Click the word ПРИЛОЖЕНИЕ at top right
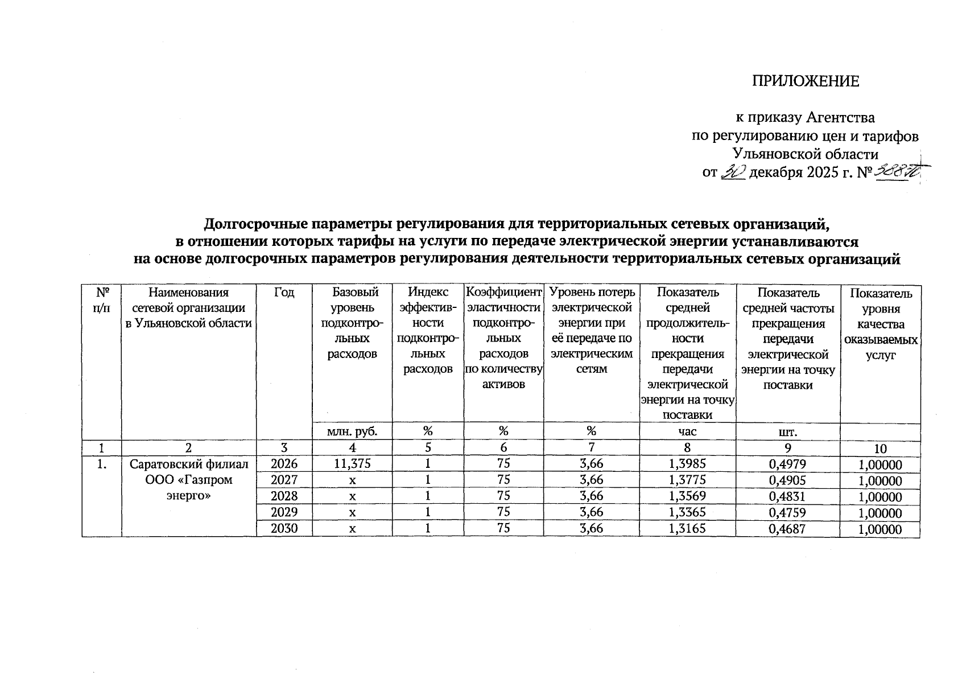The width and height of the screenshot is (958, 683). click(x=806, y=81)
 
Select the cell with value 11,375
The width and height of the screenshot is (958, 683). click(x=352, y=464)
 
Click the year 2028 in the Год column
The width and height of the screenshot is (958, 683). click(x=284, y=496)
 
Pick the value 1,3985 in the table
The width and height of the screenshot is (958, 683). click(x=687, y=464)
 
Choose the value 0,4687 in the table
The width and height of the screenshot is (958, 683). click(x=787, y=529)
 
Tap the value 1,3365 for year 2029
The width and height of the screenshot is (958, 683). click(x=687, y=512)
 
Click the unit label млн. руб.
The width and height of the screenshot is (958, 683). click(x=352, y=431)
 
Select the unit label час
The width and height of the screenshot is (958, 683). click(x=687, y=431)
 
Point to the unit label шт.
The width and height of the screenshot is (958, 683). click(x=787, y=431)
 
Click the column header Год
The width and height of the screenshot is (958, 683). click(x=284, y=293)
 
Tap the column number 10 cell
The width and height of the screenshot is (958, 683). click(x=880, y=449)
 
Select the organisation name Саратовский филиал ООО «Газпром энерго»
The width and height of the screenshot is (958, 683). click(x=189, y=480)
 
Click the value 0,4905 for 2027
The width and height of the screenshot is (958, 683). click(x=787, y=480)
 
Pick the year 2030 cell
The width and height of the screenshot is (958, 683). click(x=284, y=529)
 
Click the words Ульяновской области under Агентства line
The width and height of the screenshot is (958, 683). click(x=806, y=154)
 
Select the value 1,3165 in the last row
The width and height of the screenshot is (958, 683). click(x=687, y=529)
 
